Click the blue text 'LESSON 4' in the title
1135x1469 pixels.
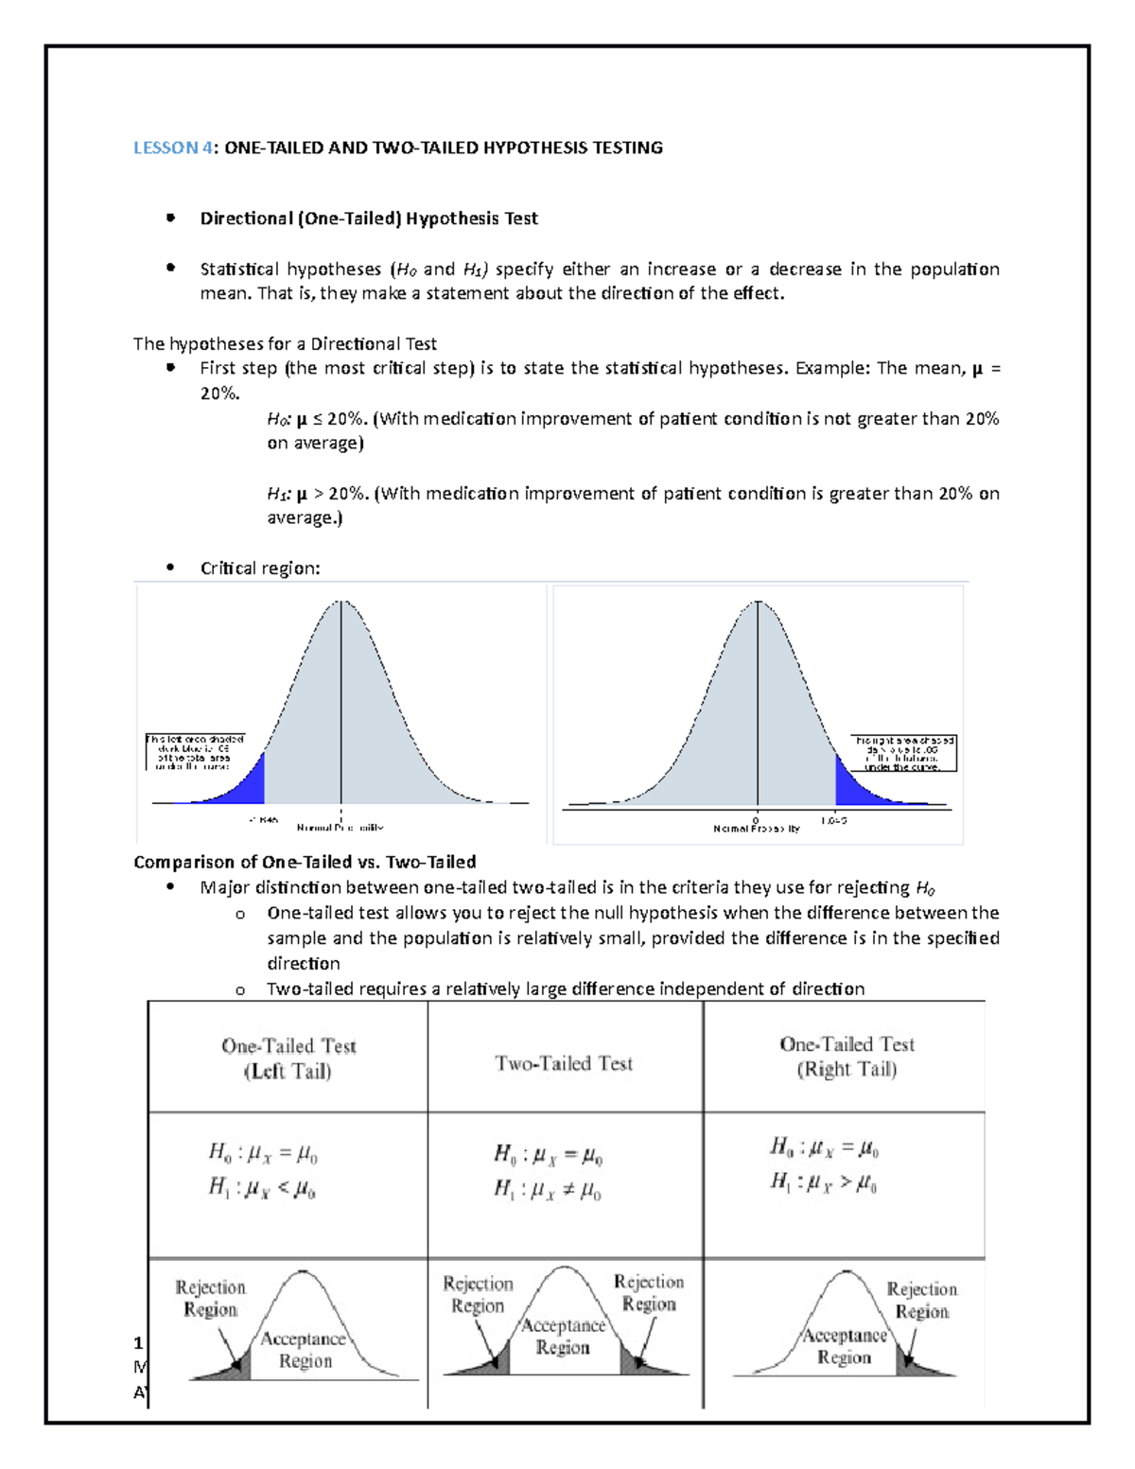pyautogui.click(x=166, y=148)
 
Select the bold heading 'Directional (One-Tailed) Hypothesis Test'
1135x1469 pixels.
pyautogui.click(x=369, y=219)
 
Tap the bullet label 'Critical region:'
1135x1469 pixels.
pyautogui.click(x=260, y=568)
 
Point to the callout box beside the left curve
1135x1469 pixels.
pyautogui.click(x=195, y=752)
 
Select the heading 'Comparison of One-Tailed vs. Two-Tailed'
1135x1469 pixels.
pyautogui.click(x=305, y=862)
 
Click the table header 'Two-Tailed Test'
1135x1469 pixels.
pyautogui.click(x=564, y=1063)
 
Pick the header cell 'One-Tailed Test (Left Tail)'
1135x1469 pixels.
pyautogui.click(x=288, y=1058)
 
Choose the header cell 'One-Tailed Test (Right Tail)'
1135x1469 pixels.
pyautogui.click(x=847, y=1057)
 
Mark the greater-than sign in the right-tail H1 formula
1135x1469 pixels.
pyautogui.click(x=846, y=1182)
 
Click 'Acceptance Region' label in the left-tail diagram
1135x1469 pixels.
pyautogui.click(x=305, y=1350)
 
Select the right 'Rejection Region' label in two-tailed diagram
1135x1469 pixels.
pyautogui.click(x=649, y=1292)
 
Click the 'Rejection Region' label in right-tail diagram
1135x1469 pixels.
pyautogui.click(x=922, y=1300)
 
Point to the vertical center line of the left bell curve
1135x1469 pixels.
pyautogui.click(x=340, y=700)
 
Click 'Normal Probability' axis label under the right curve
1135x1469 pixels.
pyautogui.click(x=756, y=829)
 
